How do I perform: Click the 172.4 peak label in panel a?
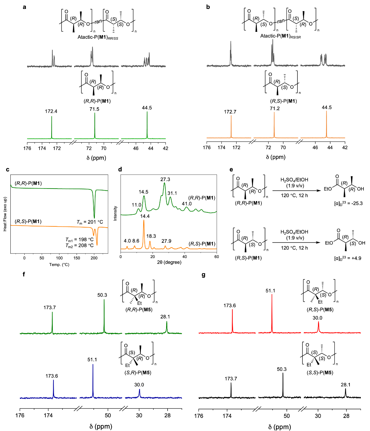51,111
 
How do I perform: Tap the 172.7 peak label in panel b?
230,112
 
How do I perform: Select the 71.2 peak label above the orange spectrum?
275,108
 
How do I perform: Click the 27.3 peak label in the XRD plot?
165,179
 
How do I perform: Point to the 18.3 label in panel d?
151,236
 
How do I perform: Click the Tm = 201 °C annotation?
90,222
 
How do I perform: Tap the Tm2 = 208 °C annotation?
79,245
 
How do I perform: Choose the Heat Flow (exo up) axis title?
5,214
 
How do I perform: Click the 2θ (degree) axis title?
169,262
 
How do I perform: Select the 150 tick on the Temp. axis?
77,258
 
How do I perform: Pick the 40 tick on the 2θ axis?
185,256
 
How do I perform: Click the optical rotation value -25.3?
348,203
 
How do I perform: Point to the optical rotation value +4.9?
348,258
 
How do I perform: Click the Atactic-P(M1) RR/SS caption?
98,37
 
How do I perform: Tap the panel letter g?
204,275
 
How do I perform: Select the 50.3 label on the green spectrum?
102,295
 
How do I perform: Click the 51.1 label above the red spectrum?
270,290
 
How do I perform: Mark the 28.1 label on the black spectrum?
346,385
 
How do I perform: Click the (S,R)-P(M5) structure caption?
138,372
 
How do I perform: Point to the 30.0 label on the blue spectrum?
139,385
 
